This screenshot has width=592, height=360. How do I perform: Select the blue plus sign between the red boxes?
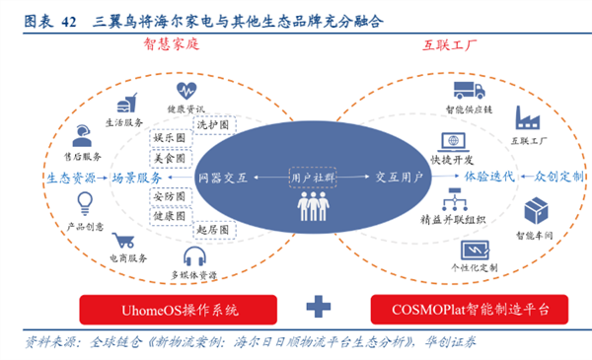pyautogui.click(x=317, y=308)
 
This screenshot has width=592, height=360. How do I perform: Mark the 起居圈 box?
pyautogui.click(x=214, y=228)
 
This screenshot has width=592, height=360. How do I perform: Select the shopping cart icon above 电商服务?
pyautogui.click(x=123, y=239)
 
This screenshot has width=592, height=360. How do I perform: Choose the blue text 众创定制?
pyautogui.click(x=559, y=177)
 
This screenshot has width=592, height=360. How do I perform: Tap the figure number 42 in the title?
pyautogui.click(x=71, y=19)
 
